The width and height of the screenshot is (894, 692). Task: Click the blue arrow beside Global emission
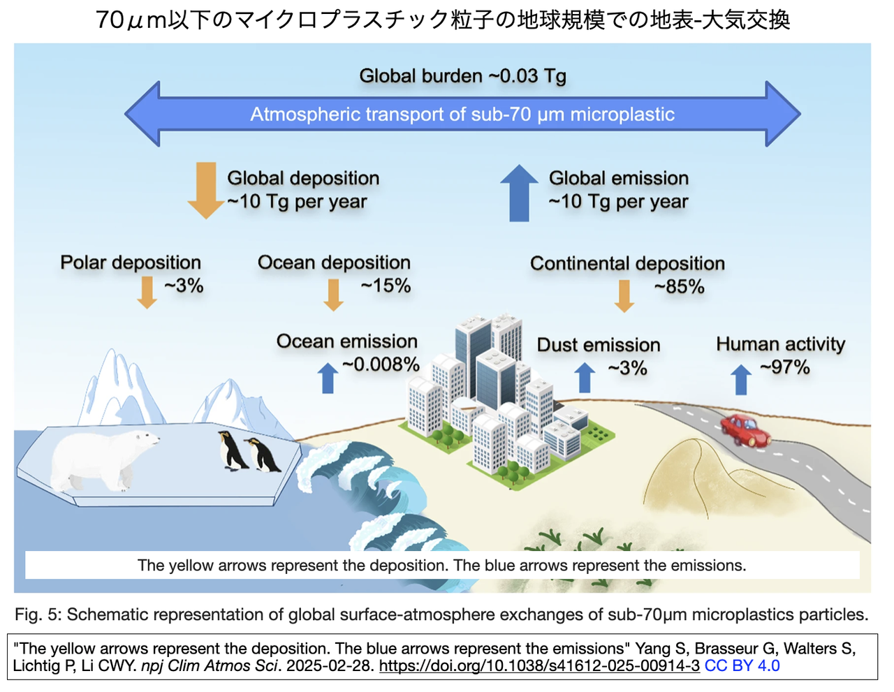tap(519, 193)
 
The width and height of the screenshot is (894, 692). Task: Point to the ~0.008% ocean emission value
tap(381, 365)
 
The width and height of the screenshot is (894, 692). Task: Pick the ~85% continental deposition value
tap(679, 287)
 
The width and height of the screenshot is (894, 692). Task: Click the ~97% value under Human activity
tap(785, 367)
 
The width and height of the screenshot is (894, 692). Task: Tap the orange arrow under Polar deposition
tap(147, 292)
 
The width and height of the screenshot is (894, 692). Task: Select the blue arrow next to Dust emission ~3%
tap(585, 377)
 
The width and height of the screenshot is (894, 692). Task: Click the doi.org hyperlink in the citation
tap(539, 665)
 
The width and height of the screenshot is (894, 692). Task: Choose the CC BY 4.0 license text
tap(742, 665)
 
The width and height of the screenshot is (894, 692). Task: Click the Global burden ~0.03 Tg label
tap(462, 75)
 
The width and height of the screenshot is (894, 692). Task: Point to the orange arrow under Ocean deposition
tap(334, 295)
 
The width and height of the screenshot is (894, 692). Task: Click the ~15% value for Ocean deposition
tap(386, 286)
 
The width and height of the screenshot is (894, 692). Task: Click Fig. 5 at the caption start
tap(38, 614)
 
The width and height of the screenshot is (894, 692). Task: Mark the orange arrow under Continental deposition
tap(624, 295)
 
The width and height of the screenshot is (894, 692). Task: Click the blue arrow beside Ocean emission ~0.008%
tap(328, 377)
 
